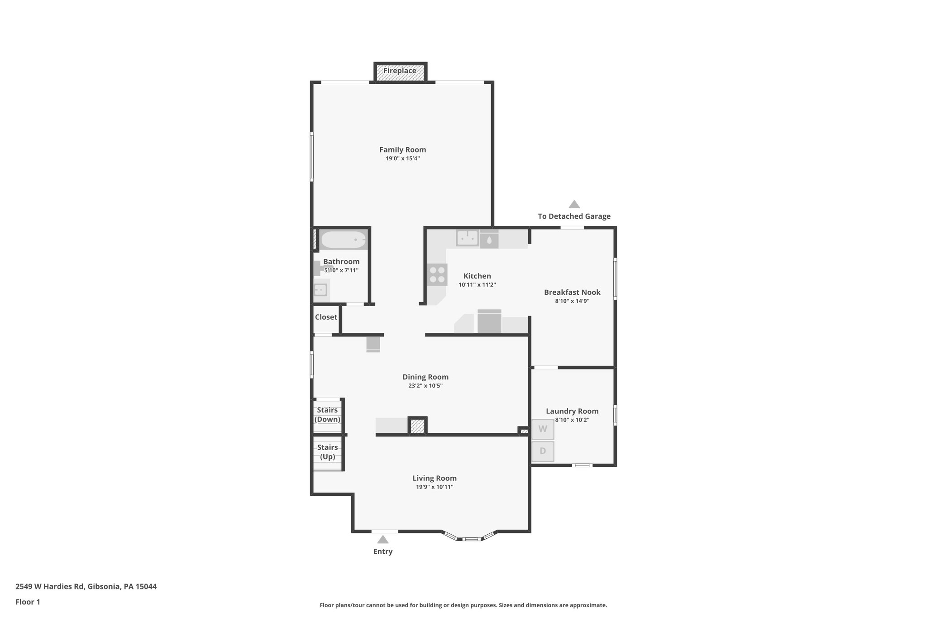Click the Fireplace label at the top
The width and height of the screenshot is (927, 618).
[x=400, y=71]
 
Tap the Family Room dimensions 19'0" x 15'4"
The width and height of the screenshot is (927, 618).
[x=402, y=158]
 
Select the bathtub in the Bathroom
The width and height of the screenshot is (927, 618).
[x=343, y=240]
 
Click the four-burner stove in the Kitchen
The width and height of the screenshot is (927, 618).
[x=437, y=275]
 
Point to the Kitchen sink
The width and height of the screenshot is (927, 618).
[x=467, y=238]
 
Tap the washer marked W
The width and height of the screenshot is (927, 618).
[x=542, y=429]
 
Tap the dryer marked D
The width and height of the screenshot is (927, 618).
[x=542, y=451]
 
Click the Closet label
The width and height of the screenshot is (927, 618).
[x=326, y=317]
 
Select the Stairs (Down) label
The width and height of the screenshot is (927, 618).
[x=327, y=415]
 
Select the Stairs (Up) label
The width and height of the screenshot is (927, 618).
[x=327, y=452]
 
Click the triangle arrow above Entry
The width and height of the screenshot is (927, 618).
[x=383, y=539]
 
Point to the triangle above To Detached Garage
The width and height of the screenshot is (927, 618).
[x=574, y=204]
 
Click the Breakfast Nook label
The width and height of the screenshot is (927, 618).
[x=572, y=292]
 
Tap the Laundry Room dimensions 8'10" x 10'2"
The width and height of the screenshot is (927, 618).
[x=572, y=420]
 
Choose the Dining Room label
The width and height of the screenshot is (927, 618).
[x=425, y=377]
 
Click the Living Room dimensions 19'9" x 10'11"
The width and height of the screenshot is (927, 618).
[x=435, y=487]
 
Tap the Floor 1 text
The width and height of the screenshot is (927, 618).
[x=28, y=602]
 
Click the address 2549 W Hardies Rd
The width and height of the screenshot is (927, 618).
[x=50, y=586]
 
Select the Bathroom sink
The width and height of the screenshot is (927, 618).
[x=320, y=289]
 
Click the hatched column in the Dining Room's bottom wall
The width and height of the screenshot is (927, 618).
[x=417, y=426]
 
